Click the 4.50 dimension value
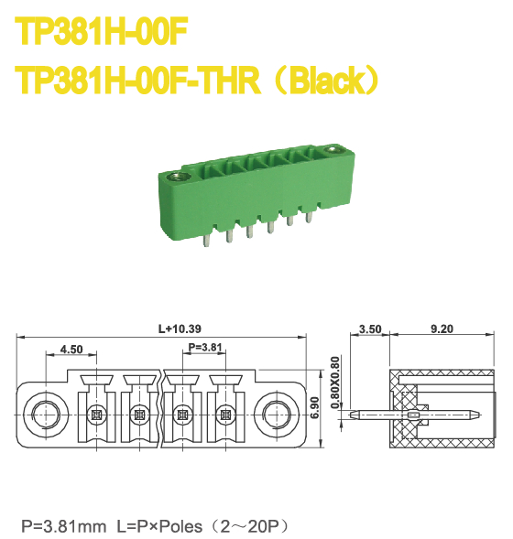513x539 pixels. point(71,349)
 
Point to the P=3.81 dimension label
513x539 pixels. point(203,348)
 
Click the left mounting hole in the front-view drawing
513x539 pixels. point(44,413)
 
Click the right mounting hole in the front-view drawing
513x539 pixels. point(275,413)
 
